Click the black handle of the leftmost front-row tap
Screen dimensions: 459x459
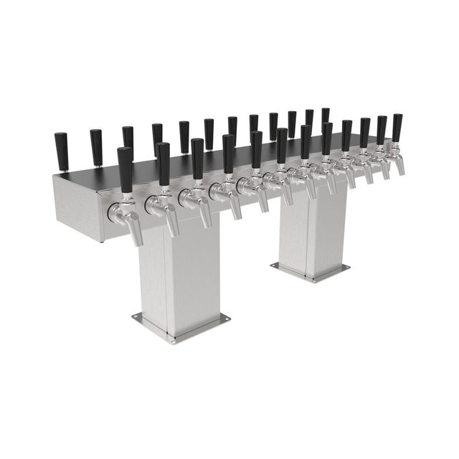(125, 169)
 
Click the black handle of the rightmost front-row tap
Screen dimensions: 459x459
(397, 127)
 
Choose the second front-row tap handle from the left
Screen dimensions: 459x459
(164, 164)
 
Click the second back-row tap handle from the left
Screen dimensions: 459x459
(95, 147)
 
